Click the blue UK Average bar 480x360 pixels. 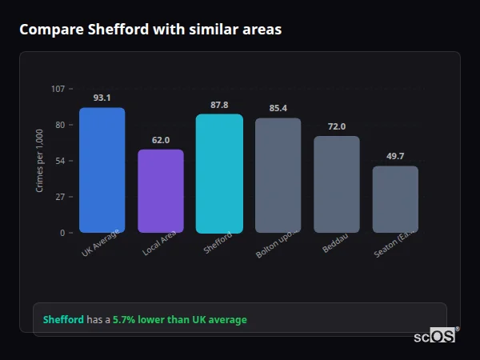tap(102, 170)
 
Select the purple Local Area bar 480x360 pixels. tap(161, 190)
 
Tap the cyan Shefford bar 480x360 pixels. tap(219, 173)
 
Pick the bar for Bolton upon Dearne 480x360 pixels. tap(278, 175)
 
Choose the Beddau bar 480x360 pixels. tap(336, 184)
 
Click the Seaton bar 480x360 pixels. tap(395, 199)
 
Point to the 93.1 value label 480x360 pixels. tap(102, 98)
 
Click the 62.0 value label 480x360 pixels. tap(161, 140)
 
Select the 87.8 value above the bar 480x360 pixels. tap(219, 105)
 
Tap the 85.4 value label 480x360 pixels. tap(278, 108)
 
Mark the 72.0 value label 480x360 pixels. tap(336, 126)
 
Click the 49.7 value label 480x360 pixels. tap(395, 156)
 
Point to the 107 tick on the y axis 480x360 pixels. tap(58, 89)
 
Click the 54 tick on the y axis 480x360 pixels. tap(60, 161)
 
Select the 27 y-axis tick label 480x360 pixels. tap(60, 197)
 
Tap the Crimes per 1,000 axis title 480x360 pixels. tap(40, 161)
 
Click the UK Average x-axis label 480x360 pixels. tap(101, 244)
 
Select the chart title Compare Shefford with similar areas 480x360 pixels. tap(150, 30)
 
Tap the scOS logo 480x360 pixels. tap(434, 336)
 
